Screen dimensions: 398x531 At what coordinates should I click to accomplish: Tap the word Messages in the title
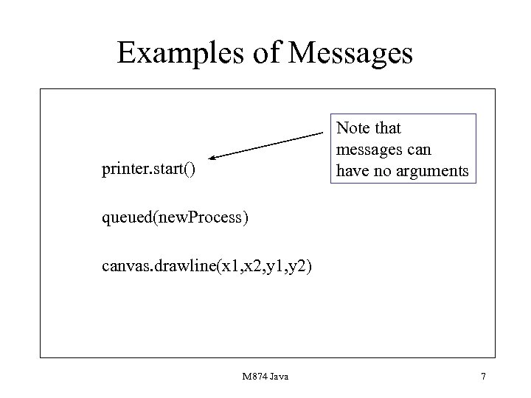pos(352,54)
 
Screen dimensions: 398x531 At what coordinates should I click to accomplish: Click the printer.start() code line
pos(150,171)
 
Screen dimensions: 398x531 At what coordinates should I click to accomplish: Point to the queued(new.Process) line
pos(176,219)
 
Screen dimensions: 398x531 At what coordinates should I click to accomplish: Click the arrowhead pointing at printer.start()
pos(212,158)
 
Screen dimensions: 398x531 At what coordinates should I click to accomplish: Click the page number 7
pos(483,377)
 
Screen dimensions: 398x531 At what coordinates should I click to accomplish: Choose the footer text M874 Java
pos(265,377)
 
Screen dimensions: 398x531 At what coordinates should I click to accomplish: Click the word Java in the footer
pos(279,377)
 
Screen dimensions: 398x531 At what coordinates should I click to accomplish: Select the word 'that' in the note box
pos(387,128)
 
